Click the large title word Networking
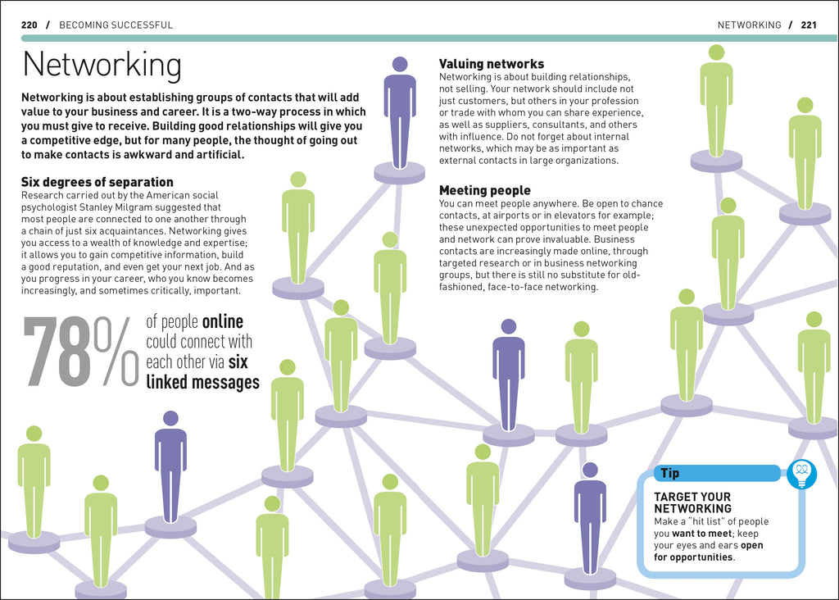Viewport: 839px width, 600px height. click(x=102, y=66)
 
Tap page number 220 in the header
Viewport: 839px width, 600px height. click(x=29, y=25)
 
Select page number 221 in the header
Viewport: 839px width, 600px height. click(x=809, y=25)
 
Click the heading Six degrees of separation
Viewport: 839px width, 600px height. click(x=98, y=182)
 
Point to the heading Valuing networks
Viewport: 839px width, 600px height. click(x=492, y=64)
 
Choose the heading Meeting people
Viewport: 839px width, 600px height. click(x=485, y=191)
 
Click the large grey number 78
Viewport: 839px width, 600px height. click(x=57, y=352)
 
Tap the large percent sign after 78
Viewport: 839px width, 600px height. click(x=116, y=352)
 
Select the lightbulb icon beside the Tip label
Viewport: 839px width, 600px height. click(x=801, y=473)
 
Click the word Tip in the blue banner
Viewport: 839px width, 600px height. click(x=669, y=474)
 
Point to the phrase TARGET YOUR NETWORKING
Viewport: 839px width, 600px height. click(x=692, y=502)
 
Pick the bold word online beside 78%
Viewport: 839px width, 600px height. click(x=222, y=322)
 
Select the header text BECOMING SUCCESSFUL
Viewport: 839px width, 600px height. click(x=116, y=25)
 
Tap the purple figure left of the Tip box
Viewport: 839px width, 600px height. click(x=590, y=516)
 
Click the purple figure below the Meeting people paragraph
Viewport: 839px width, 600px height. click(x=508, y=373)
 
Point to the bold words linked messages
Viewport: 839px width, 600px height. click(x=203, y=383)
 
